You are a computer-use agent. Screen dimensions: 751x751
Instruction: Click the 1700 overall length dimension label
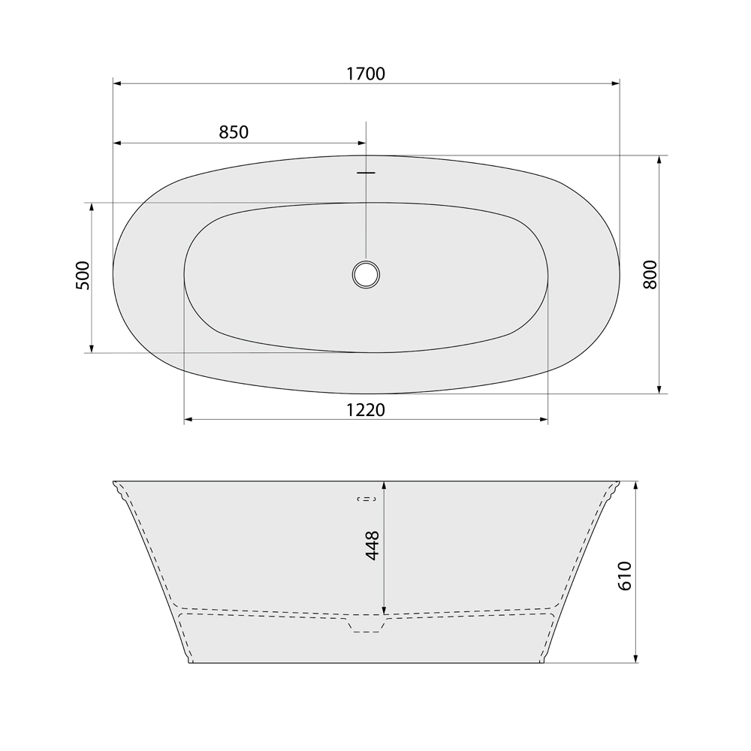pyautogui.click(x=366, y=74)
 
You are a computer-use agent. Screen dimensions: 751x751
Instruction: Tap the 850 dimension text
pyautogui.click(x=234, y=132)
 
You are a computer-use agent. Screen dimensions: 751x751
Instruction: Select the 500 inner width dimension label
pyautogui.click(x=83, y=276)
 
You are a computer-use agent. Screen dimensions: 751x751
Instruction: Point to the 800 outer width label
pyautogui.click(x=650, y=275)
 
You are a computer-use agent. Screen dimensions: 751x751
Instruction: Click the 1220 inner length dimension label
pyautogui.click(x=366, y=410)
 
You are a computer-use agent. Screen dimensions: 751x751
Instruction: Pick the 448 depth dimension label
pyautogui.click(x=372, y=545)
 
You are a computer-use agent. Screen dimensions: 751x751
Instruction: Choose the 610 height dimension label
pyautogui.click(x=625, y=576)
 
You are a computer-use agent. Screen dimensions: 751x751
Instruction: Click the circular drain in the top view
pyautogui.click(x=366, y=275)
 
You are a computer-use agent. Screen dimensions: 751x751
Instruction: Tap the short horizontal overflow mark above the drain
pyautogui.click(x=366, y=173)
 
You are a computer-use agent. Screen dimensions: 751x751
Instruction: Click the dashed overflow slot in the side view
pyautogui.click(x=366, y=499)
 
